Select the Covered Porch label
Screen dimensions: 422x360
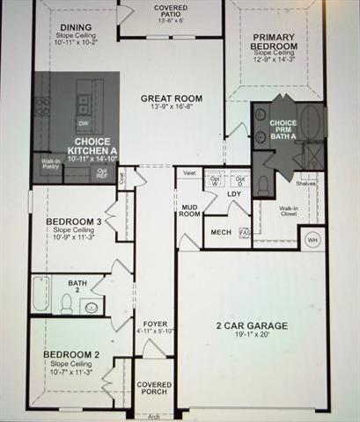(x=154, y=393)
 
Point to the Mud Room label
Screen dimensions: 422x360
(x=190, y=211)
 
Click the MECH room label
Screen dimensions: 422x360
(x=220, y=232)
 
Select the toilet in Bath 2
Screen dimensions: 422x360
(x=66, y=302)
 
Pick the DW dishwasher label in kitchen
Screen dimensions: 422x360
(x=82, y=124)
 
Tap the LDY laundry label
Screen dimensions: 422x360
(x=234, y=194)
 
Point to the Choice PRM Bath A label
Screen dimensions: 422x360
(x=283, y=128)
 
